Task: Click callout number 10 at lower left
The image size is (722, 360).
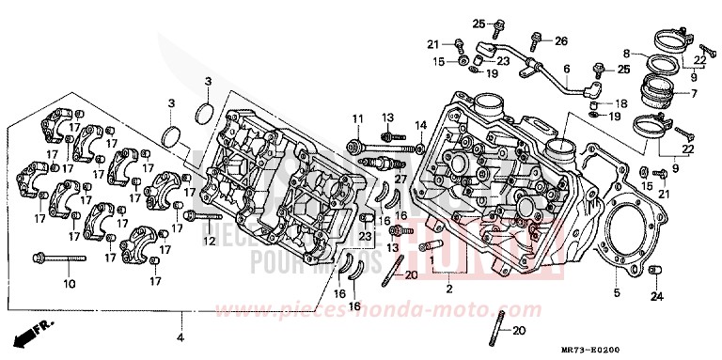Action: pos(69,283)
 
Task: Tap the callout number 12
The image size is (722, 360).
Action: pos(210,241)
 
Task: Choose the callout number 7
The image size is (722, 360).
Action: pos(694,94)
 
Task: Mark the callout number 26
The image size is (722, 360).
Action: pos(560,40)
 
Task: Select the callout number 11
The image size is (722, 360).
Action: pos(357,117)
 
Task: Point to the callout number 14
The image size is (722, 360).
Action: pos(420,125)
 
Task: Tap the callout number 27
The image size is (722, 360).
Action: pos(400,179)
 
